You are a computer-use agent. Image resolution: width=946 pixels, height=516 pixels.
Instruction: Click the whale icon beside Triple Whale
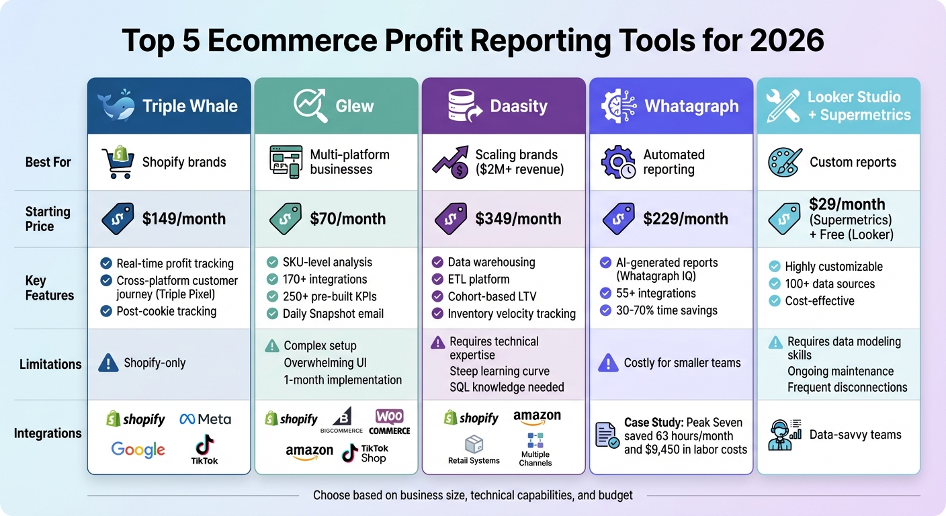click(x=116, y=107)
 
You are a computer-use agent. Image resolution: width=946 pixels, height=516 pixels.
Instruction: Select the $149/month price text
click(x=183, y=218)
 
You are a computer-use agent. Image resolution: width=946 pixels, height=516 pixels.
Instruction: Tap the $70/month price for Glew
click(x=347, y=218)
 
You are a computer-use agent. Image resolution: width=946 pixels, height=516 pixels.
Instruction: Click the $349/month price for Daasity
click(x=518, y=218)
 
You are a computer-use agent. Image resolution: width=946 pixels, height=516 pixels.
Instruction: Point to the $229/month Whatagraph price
click(x=685, y=218)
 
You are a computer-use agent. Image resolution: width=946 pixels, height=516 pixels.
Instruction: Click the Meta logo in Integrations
click(x=205, y=419)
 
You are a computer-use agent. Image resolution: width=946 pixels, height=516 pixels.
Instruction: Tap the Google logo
click(x=138, y=449)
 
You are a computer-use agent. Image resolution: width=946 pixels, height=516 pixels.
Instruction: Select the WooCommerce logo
click(x=389, y=421)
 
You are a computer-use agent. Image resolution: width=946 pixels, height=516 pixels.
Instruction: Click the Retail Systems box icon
click(x=474, y=444)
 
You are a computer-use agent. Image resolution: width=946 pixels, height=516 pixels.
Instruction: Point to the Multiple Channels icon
click(x=535, y=441)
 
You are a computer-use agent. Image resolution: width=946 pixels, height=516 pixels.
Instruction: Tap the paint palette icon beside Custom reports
click(x=785, y=162)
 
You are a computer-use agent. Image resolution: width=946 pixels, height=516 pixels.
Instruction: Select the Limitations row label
click(x=50, y=364)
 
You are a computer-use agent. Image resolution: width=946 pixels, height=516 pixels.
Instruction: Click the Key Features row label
click(x=50, y=288)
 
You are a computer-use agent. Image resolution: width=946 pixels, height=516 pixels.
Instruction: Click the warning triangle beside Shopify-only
click(x=107, y=363)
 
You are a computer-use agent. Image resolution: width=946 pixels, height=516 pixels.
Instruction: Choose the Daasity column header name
click(x=519, y=106)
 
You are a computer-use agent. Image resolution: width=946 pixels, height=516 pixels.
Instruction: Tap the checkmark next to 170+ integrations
click(x=272, y=279)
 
